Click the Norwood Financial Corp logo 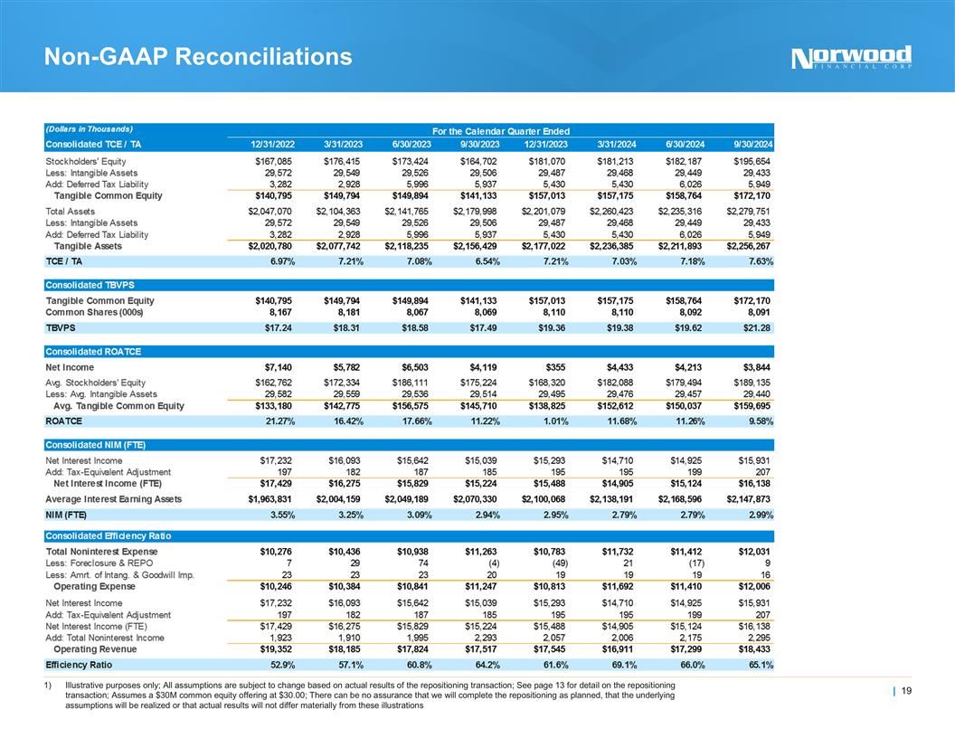pos(851,58)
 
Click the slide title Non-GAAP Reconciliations pos(199,58)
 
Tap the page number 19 pos(907,692)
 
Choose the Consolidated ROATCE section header pos(93,351)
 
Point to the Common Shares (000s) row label pos(95,312)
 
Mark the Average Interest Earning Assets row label pos(114,498)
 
